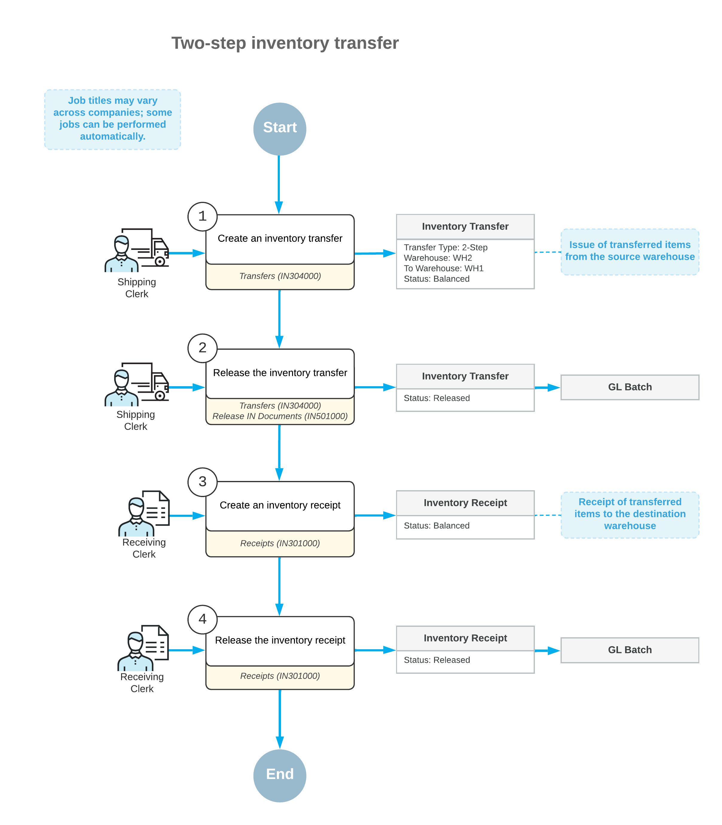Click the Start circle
(280, 129)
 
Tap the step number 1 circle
(202, 216)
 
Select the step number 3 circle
(202, 482)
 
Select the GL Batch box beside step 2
(629, 387)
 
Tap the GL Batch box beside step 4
(629, 650)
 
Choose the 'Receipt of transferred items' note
(629, 514)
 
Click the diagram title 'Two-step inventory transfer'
(285, 43)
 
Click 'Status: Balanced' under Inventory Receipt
(436, 526)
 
